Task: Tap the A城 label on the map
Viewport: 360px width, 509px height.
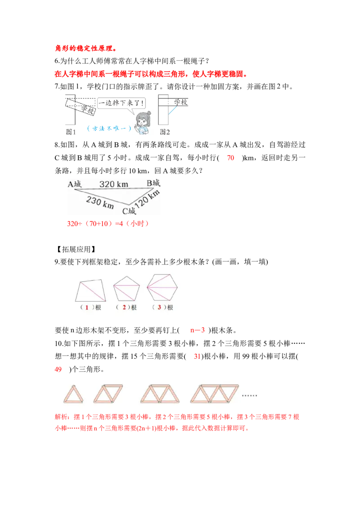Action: coord(75,183)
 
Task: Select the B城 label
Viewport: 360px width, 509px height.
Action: coord(153,183)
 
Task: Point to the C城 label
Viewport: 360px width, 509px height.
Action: coord(129,210)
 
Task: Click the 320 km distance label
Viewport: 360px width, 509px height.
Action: coord(113,184)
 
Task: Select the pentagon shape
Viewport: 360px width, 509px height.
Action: coord(126,288)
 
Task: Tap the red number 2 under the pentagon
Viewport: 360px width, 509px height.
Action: coord(123,308)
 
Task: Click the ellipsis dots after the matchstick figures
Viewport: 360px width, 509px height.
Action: coord(249,396)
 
